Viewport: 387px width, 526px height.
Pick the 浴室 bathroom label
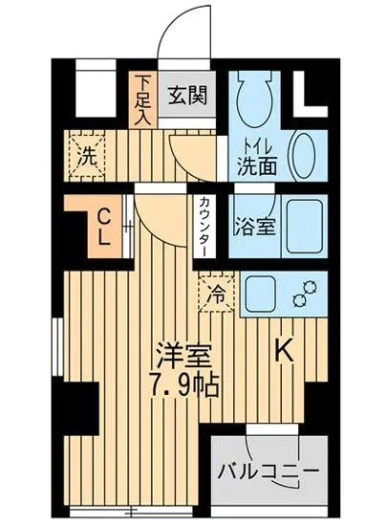tap(252, 228)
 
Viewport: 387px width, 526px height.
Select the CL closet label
tap(101, 226)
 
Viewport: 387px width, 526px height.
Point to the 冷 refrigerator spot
tap(218, 293)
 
